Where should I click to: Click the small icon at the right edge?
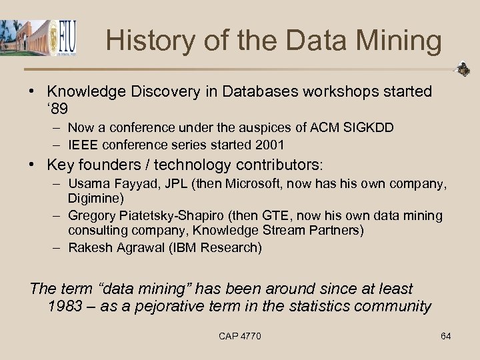(x=463, y=69)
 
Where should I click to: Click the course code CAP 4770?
(x=240, y=336)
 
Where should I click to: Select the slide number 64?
(x=445, y=336)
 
